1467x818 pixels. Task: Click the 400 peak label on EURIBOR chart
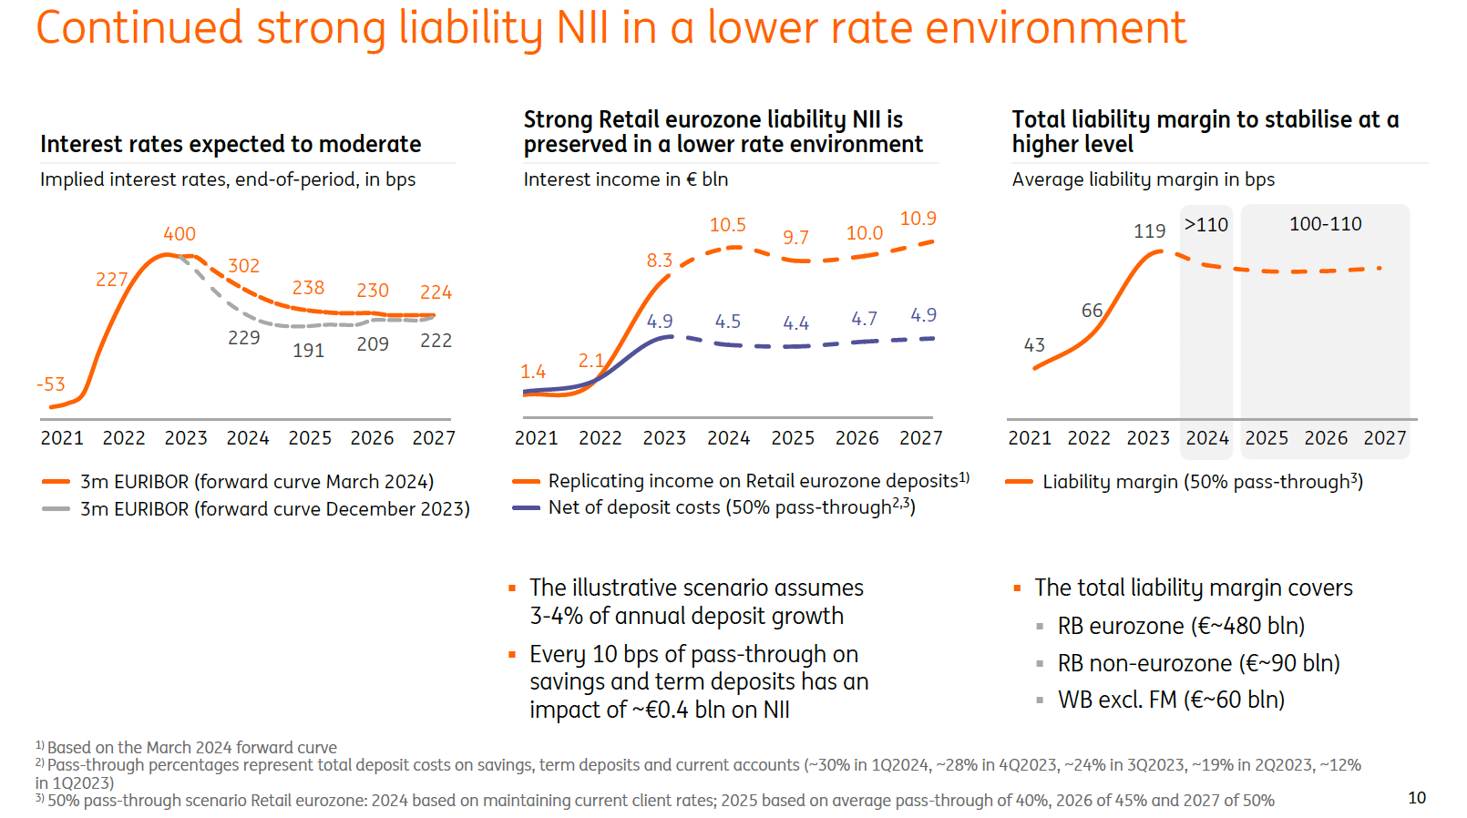(x=180, y=234)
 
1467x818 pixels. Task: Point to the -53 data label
(x=51, y=384)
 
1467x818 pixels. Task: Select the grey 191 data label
(x=308, y=351)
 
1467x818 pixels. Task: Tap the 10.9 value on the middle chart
(x=918, y=219)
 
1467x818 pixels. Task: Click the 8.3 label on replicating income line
(x=659, y=261)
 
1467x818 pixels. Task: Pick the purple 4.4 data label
(x=795, y=323)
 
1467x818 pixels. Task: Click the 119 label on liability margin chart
(x=1149, y=231)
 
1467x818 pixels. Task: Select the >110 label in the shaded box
(x=1205, y=225)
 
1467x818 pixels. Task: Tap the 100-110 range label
(x=1325, y=224)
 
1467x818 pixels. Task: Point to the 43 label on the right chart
(x=1034, y=345)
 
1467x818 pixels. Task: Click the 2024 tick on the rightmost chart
(x=1207, y=438)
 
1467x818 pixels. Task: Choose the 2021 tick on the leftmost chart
(x=62, y=438)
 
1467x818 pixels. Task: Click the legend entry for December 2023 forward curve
(x=274, y=509)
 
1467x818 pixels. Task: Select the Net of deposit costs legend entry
(x=731, y=507)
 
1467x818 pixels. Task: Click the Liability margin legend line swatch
(x=1019, y=482)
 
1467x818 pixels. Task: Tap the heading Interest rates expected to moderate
(x=231, y=144)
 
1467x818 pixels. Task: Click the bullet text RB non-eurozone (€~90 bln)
(x=1198, y=663)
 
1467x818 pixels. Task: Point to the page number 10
(x=1417, y=798)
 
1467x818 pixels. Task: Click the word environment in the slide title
(x=1055, y=27)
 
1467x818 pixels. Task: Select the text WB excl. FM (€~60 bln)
(x=1171, y=700)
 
